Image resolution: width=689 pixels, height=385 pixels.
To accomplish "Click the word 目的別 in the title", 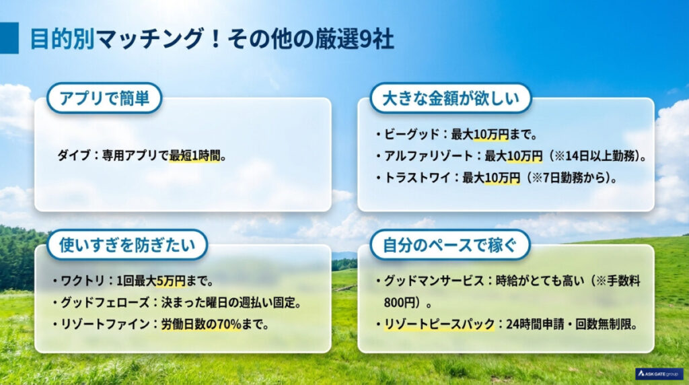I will (x=62, y=38).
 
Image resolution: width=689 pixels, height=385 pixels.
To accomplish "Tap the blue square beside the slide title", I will (x=9, y=38).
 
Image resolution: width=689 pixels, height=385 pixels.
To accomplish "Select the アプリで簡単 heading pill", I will (x=104, y=98).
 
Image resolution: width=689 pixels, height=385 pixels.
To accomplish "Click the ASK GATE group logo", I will (x=658, y=374).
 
